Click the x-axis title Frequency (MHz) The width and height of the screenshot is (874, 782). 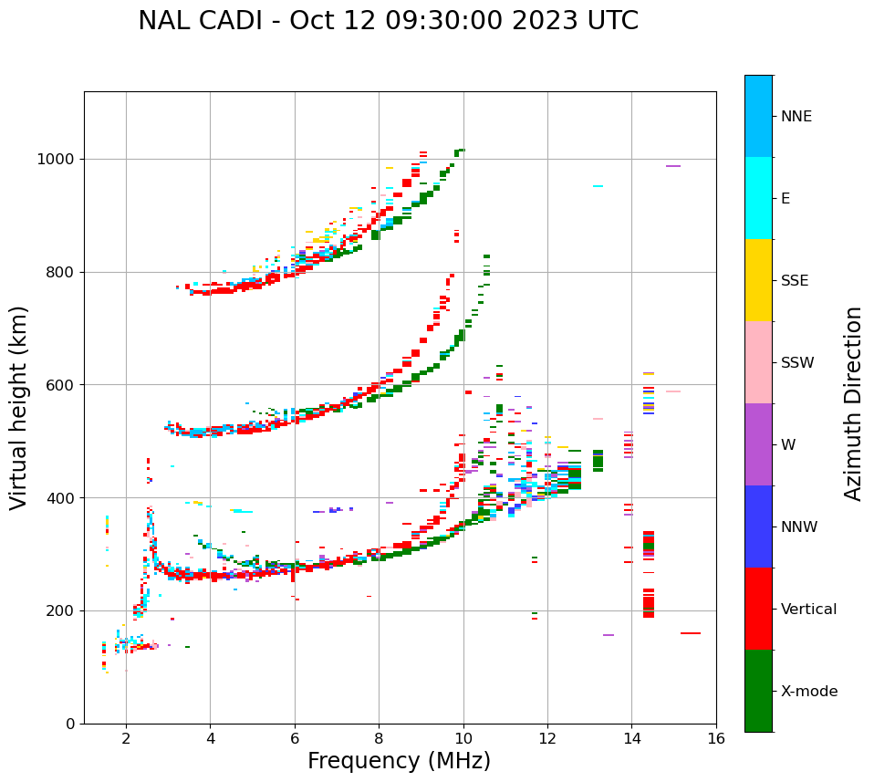point(399,761)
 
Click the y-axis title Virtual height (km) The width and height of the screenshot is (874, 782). point(19,407)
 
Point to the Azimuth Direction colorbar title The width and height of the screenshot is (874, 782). point(853,403)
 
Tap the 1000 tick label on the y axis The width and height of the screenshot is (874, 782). point(57,160)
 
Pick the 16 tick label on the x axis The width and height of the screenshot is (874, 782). point(716,738)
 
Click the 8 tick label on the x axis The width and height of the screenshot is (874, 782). point(379,738)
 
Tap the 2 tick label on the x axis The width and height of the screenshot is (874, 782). point(126,738)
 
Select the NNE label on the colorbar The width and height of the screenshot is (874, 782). point(796,117)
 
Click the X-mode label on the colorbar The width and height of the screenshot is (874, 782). point(808,692)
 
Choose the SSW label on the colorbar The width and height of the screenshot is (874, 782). point(797,363)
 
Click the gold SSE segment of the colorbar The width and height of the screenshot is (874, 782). point(758,280)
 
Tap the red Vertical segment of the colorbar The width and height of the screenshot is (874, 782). point(758,609)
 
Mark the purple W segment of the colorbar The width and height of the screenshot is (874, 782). point(758,444)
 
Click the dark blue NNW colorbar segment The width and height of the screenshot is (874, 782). point(758,527)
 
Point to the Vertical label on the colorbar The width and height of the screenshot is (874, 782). point(808,610)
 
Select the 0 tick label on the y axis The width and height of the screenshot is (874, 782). point(69,725)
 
